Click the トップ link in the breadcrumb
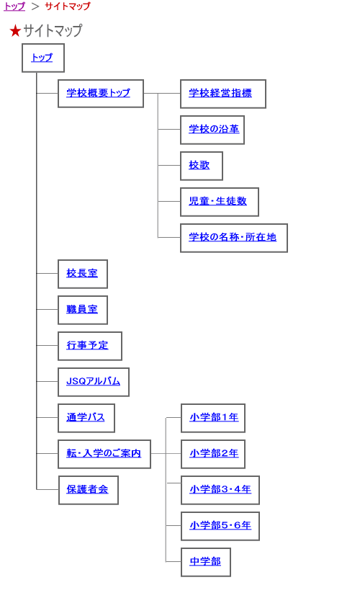coord(14,6)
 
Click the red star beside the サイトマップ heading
coord(15,31)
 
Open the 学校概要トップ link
coord(99,93)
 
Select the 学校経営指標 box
coord(223,94)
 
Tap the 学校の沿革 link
coord(214,129)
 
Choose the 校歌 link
coord(199,165)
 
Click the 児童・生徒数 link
coord(218,201)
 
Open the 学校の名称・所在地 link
coord(233,237)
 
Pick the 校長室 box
coord(83,274)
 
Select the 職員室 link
coord(82,309)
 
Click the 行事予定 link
coord(87,345)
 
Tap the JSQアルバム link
coord(94,381)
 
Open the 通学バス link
coord(86,417)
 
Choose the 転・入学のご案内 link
coord(104,453)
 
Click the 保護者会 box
coord(89,490)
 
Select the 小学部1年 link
coord(214,417)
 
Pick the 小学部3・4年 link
coord(220,489)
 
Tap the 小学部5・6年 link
coord(220,525)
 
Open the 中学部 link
coord(205,561)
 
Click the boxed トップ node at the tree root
coord(43,58)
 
